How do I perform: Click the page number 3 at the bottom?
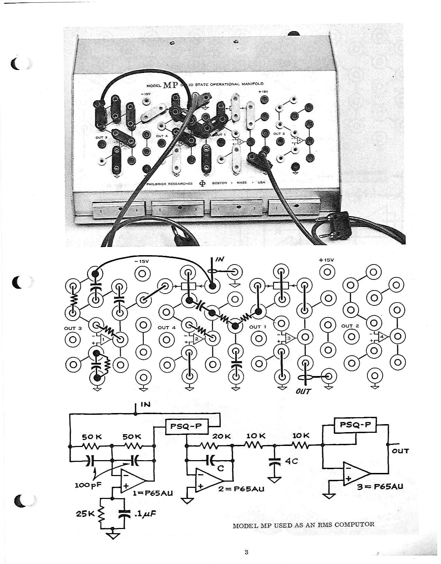(246, 552)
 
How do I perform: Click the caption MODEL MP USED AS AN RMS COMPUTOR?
(303, 524)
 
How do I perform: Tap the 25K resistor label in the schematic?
(84, 514)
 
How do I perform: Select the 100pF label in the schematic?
(88, 484)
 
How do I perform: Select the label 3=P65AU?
(380, 486)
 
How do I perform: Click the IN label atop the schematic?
(146, 404)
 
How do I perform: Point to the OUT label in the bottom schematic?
(400, 451)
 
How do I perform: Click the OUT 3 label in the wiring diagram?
(73, 328)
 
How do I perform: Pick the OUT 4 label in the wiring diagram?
(166, 327)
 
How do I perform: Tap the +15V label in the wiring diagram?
(326, 260)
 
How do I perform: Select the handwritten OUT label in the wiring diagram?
(303, 391)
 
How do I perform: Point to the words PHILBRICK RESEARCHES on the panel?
(169, 183)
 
